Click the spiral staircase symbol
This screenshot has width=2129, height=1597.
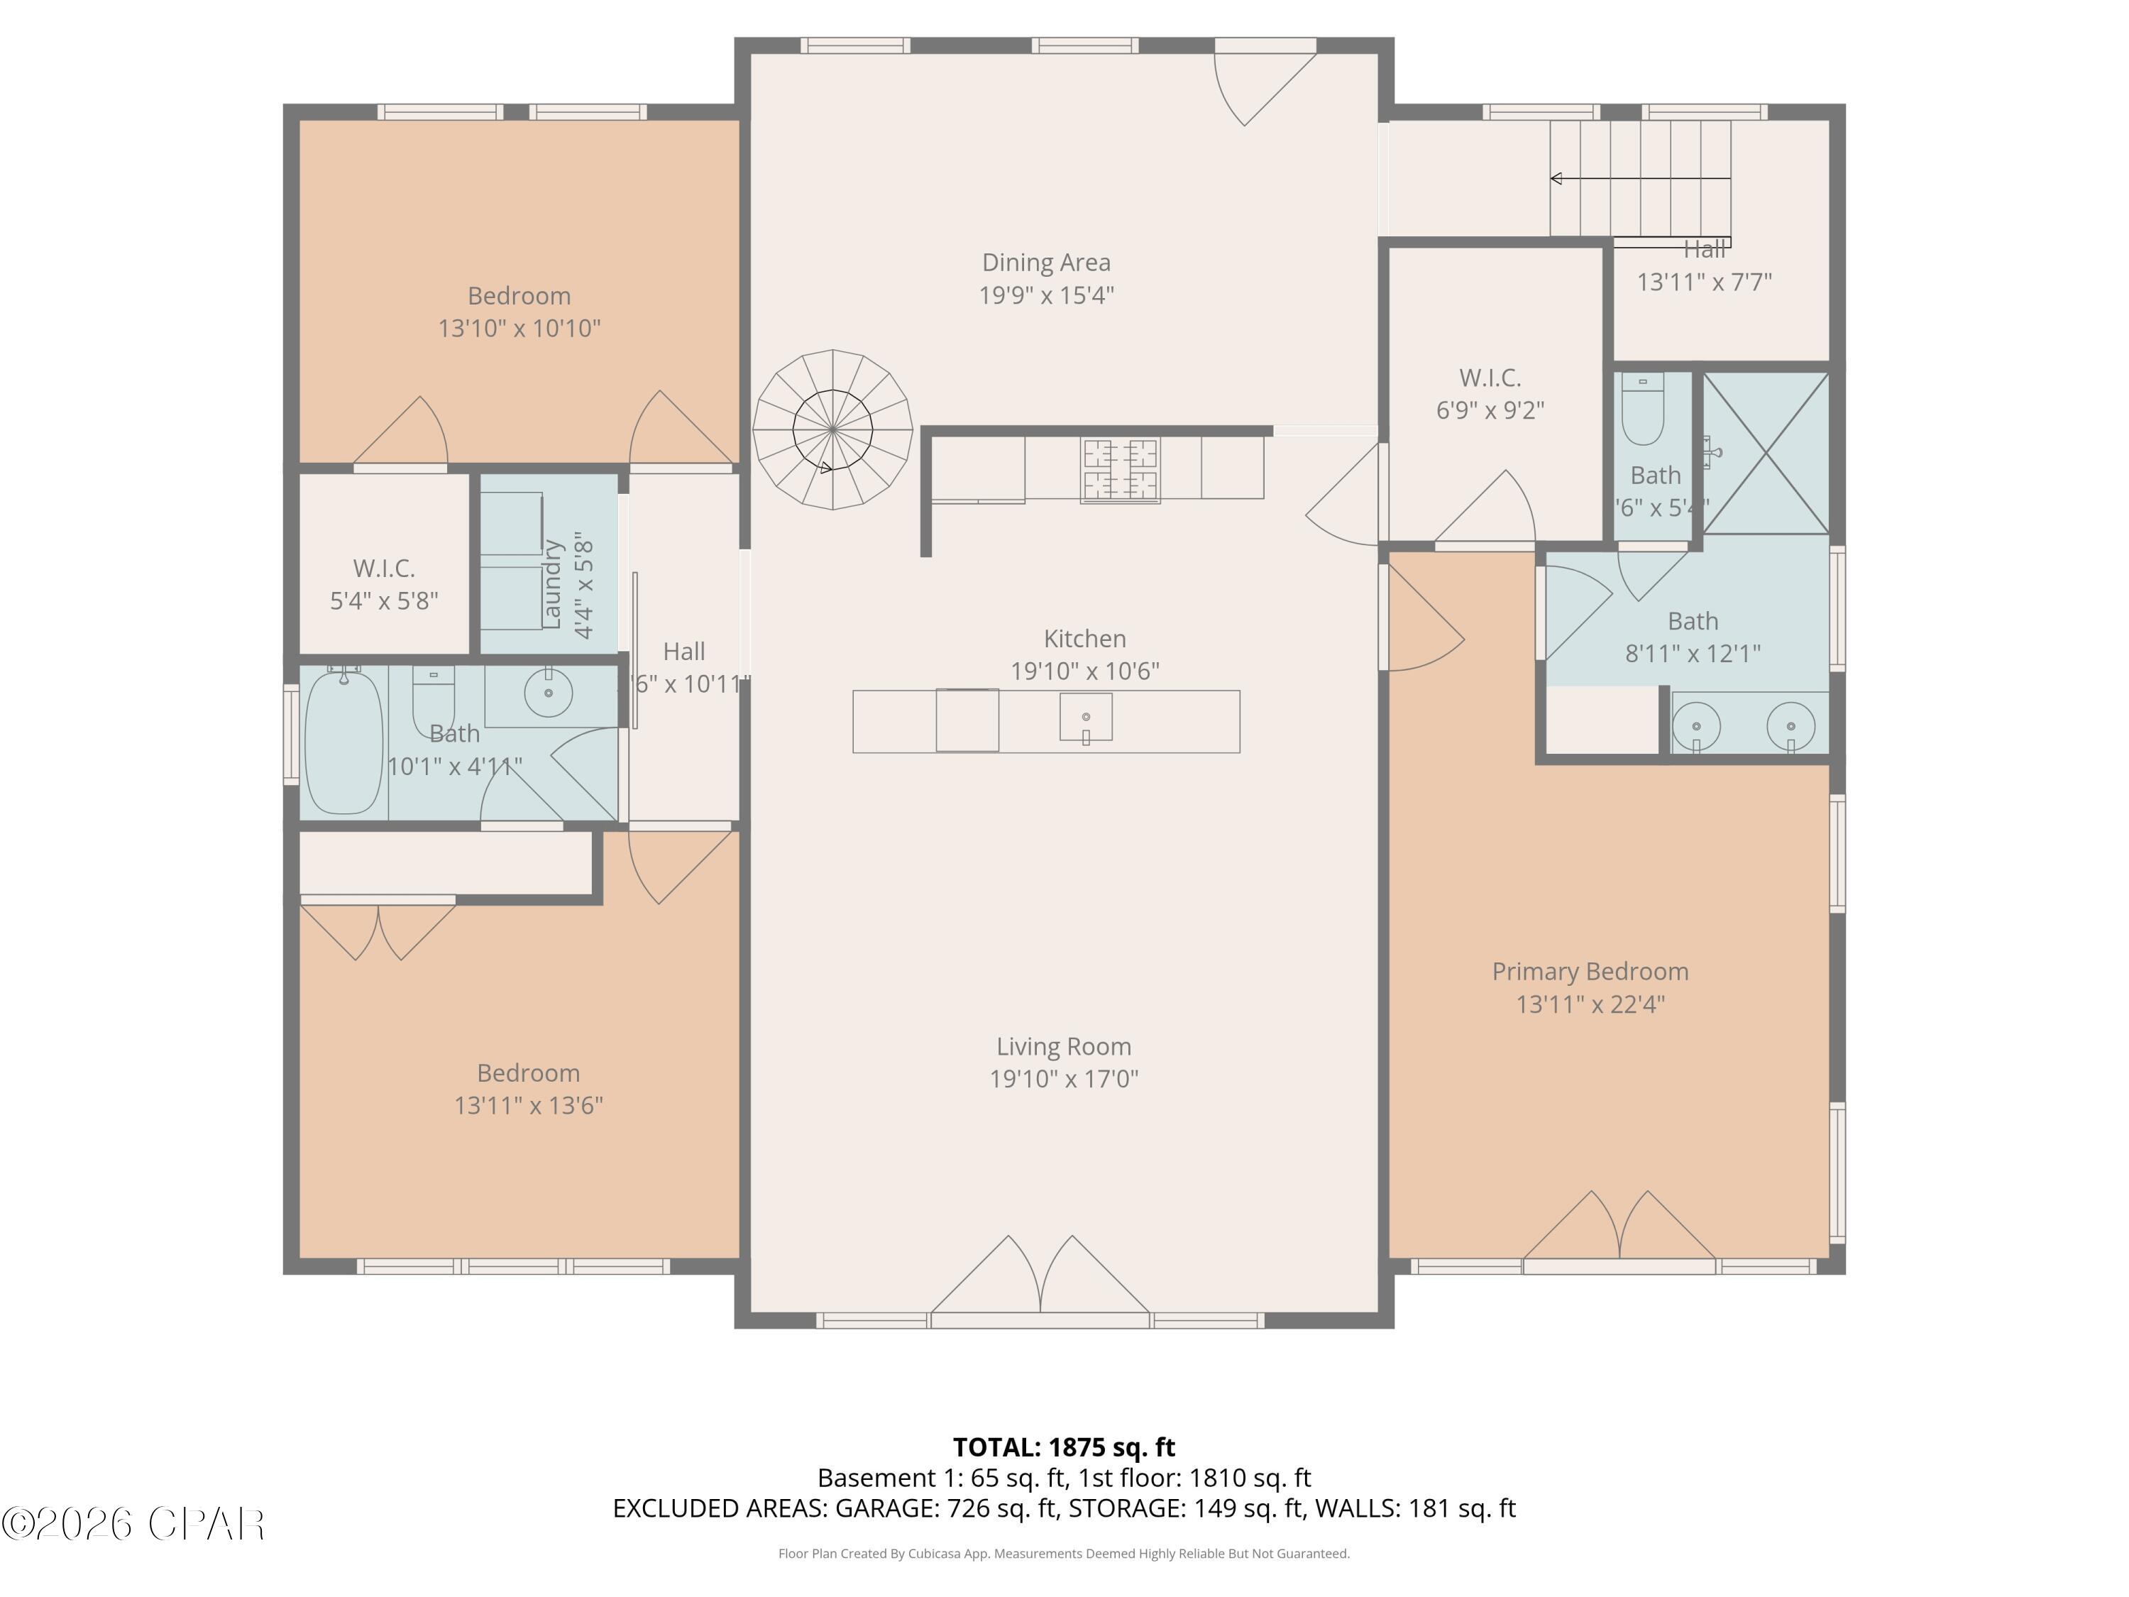coord(832,429)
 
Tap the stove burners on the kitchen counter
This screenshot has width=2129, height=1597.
coord(1119,470)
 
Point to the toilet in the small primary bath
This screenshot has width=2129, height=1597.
coord(1642,409)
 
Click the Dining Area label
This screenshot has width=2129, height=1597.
coord(1045,263)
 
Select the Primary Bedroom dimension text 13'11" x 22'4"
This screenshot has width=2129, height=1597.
coord(1590,1004)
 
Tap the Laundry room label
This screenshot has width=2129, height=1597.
coord(552,583)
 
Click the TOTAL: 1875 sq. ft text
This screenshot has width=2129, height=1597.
coord(1064,1447)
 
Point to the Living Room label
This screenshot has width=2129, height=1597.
coord(1064,1046)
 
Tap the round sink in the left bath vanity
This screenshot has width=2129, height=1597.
coord(549,692)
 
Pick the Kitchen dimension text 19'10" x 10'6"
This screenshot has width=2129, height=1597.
coord(1084,671)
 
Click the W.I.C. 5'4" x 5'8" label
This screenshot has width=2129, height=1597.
coord(384,584)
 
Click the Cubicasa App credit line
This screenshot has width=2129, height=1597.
coord(1064,1553)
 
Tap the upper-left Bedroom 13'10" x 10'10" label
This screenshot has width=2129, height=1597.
coord(519,311)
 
